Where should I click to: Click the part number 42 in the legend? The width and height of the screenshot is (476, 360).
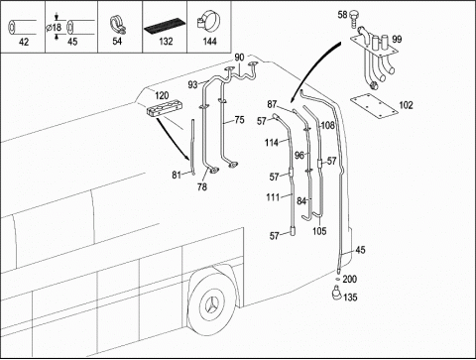tap(24, 42)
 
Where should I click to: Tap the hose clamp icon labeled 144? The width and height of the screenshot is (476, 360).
tap(208, 22)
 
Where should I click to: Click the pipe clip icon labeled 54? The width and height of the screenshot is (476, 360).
tap(118, 25)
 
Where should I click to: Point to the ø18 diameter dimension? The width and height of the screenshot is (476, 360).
tap(54, 27)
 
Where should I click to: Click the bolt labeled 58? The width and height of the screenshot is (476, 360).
tap(353, 19)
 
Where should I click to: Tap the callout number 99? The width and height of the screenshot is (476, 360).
tap(397, 39)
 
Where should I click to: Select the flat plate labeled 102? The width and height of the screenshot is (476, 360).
tap(374, 105)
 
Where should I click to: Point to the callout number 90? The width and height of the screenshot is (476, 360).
tap(239, 58)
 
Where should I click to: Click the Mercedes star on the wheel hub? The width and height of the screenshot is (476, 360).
tap(212, 304)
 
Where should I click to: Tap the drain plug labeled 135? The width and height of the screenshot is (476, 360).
tap(337, 293)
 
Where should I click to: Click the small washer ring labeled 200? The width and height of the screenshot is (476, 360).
tap(337, 280)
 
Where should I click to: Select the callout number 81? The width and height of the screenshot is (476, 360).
tap(177, 175)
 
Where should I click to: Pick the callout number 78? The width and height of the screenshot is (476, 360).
tap(202, 186)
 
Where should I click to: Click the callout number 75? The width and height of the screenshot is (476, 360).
tap(239, 120)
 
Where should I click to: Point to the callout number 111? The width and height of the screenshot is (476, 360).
tap(273, 197)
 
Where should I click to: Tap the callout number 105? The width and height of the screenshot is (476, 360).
tap(319, 231)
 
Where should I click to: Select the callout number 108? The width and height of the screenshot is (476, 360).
tap(328, 125)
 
